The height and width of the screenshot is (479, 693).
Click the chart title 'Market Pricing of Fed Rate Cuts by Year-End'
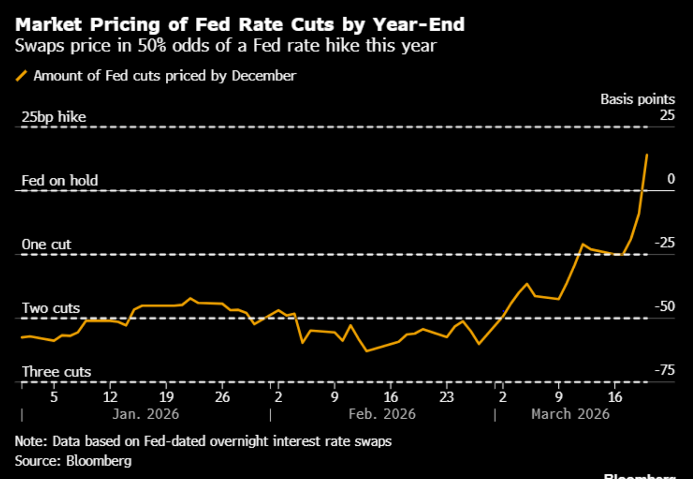tap(240, 25)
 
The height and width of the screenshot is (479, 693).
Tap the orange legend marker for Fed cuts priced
tap(21, 76)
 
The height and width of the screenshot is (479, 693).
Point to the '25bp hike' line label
tap(54, 117)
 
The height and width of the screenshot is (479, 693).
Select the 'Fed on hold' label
tap(60, 180)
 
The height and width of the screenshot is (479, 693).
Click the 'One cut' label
tap(46, 244)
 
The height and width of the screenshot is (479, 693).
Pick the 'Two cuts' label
tap(51, 308)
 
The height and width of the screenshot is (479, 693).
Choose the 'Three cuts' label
tap(57, 372)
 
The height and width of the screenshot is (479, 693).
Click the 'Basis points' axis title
tap(638, 99)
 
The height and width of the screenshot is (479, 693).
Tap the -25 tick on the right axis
tap(665, 243)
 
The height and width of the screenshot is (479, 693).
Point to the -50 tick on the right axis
tap(665, 306)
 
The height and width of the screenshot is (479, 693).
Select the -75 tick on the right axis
tap(665, 370)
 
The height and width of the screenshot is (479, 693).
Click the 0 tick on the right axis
tap(671, 179)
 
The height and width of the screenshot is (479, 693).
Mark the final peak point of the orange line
tap(647, 154)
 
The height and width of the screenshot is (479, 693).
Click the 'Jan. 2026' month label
tap(146, 414)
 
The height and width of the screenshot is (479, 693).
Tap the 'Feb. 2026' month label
tap(382, 414)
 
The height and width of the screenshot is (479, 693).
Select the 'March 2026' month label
tap(570, 414)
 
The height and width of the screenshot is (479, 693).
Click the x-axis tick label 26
tap(222, 397)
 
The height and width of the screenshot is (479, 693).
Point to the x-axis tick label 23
tap(447, 397)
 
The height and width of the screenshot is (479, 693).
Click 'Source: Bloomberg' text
tap(73, 461)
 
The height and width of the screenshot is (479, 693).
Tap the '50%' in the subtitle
tap(152, 46)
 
